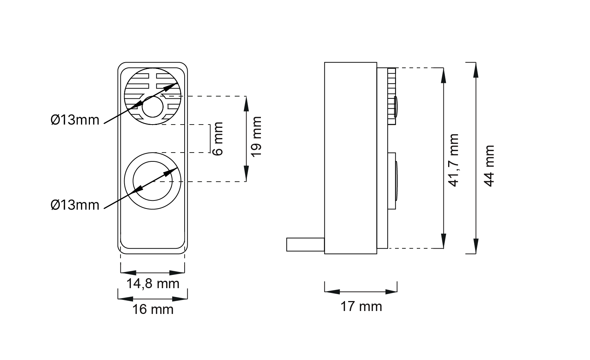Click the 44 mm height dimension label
pyautogui.click(x=489, y=166)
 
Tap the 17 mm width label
pyautogui.click(x=361, y=306)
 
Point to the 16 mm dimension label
pyautogui.click(x=153, y=309)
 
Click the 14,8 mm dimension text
pyautogui.click(x=153, y=284)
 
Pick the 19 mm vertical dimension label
pyautogui.click(x=256, y=136)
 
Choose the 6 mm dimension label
pyautogui.click(x=218, y=139)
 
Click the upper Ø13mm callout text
pyautogui.click(x=75, y=120)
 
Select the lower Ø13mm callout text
pyautogui.click(x=75, y=205)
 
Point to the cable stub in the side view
pyautogui.click(x=305, y=245)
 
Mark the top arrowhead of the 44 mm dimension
pyautogui.click(x=476, y=69)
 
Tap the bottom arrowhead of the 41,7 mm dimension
pyautogui.click(x=444, y=242)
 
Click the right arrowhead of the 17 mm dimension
pyautogui.click(x=392, y=292)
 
